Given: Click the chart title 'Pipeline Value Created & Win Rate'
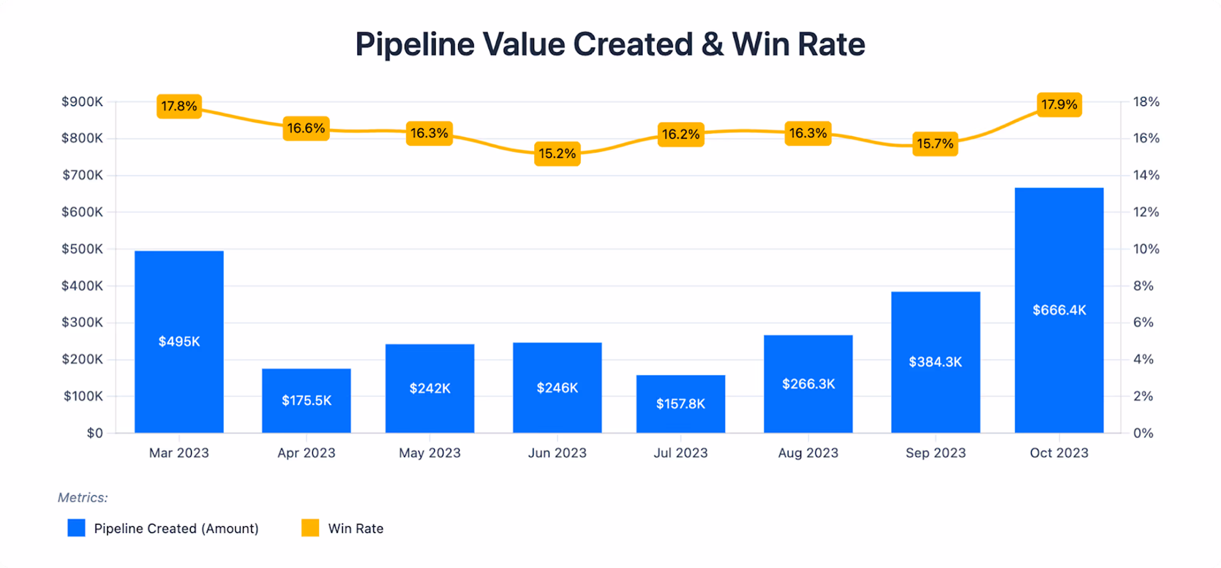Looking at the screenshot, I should point(610,44).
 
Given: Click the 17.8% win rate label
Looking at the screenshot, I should point(179,106).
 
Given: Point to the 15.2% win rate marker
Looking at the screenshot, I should point(557,153).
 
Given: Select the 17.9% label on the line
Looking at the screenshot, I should point(1059,104).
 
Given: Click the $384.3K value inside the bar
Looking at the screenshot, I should point(935,362).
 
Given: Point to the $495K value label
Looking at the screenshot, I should point(179,341).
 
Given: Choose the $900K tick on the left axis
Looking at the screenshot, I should point(82,102).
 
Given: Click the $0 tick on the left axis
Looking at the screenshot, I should point(95,433).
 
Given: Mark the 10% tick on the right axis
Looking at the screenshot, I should point(1146,249).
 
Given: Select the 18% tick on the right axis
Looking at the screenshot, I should point(1146,102).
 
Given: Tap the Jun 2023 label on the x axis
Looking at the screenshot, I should point(557,453).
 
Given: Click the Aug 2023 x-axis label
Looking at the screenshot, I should point(808,453).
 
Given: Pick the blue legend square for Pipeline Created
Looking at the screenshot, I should point(76,528).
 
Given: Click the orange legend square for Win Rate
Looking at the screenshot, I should point(310,528).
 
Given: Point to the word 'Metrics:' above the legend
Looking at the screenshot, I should point(83,497).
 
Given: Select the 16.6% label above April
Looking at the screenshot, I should point(306,128).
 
